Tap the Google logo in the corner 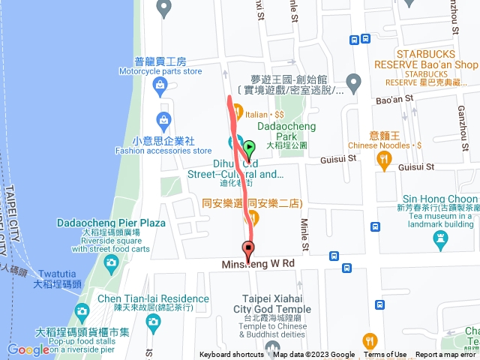[x=28, y=349]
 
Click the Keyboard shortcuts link [x=231, y=355]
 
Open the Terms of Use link [x=385, y=355]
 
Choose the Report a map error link [x=447, y=355]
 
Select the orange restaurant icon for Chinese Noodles [x=385, y=158]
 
